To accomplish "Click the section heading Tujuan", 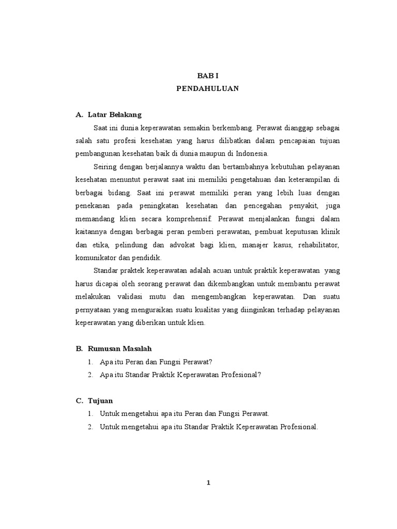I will coord(100,400).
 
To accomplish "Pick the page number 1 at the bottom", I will coord(208,483).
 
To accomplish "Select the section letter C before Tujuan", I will coord(79,400).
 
